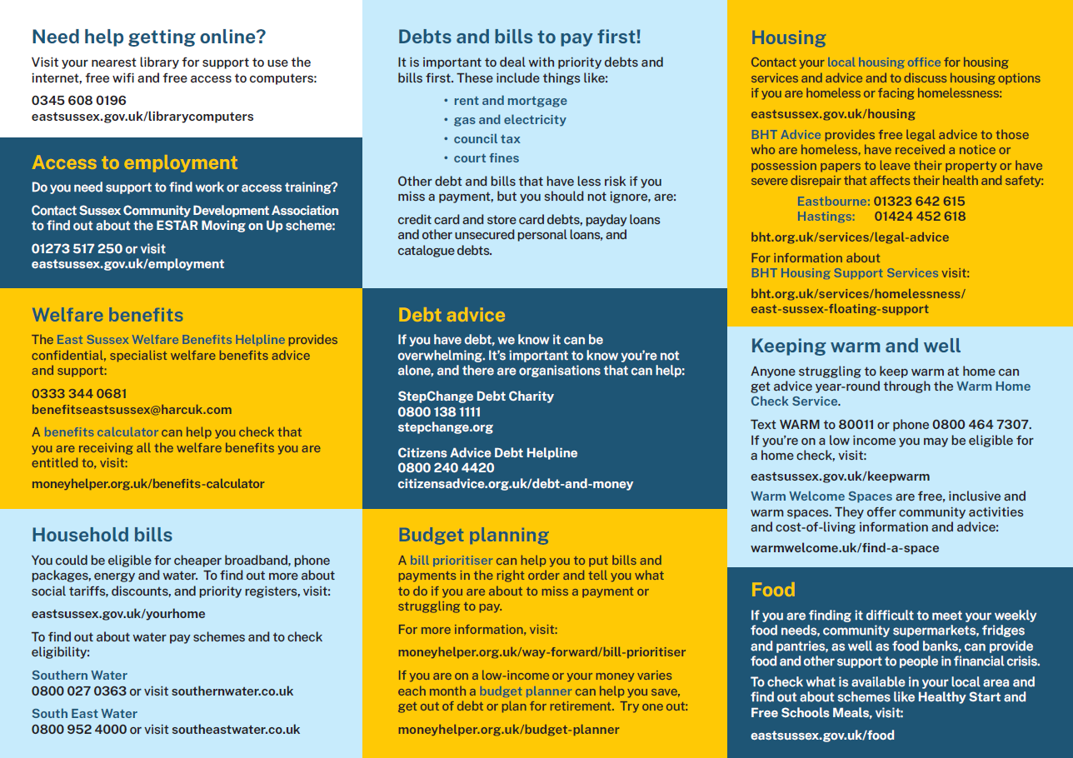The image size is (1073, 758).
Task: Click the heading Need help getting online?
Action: (x=148, y=37)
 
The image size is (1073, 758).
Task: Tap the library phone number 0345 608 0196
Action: (x=79, y=101)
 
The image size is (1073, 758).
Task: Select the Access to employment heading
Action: (x=135, y=163)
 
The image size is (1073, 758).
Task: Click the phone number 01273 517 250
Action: (x=77, y=248)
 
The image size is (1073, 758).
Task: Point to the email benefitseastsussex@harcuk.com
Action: (x=132, y=410)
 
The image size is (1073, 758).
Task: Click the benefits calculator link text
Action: (x=101, y=432)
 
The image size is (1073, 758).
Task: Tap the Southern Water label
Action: (x=79, y=676)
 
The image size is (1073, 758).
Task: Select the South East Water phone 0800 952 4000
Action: (x=79, y=730)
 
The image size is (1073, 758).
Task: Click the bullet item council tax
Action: (x=487, y=139)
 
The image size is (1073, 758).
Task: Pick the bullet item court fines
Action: (x=486, y=158)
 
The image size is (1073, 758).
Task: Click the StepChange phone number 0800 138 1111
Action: (x=439, y=411)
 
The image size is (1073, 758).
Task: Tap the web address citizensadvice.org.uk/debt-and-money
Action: (x=515, y=484)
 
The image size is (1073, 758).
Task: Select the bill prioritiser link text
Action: (x=451, y=561)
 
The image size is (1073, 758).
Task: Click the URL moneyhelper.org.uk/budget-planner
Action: (x=508, y=730)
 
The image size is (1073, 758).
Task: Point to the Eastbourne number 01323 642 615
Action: (x=919, y=202)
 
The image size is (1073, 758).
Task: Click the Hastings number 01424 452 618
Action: (x=920, y=217)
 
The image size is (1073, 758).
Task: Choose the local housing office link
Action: (x=884, y=62)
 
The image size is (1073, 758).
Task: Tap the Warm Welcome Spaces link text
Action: (x=810, y=496)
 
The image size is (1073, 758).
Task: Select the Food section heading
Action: (x=773, y=591)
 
